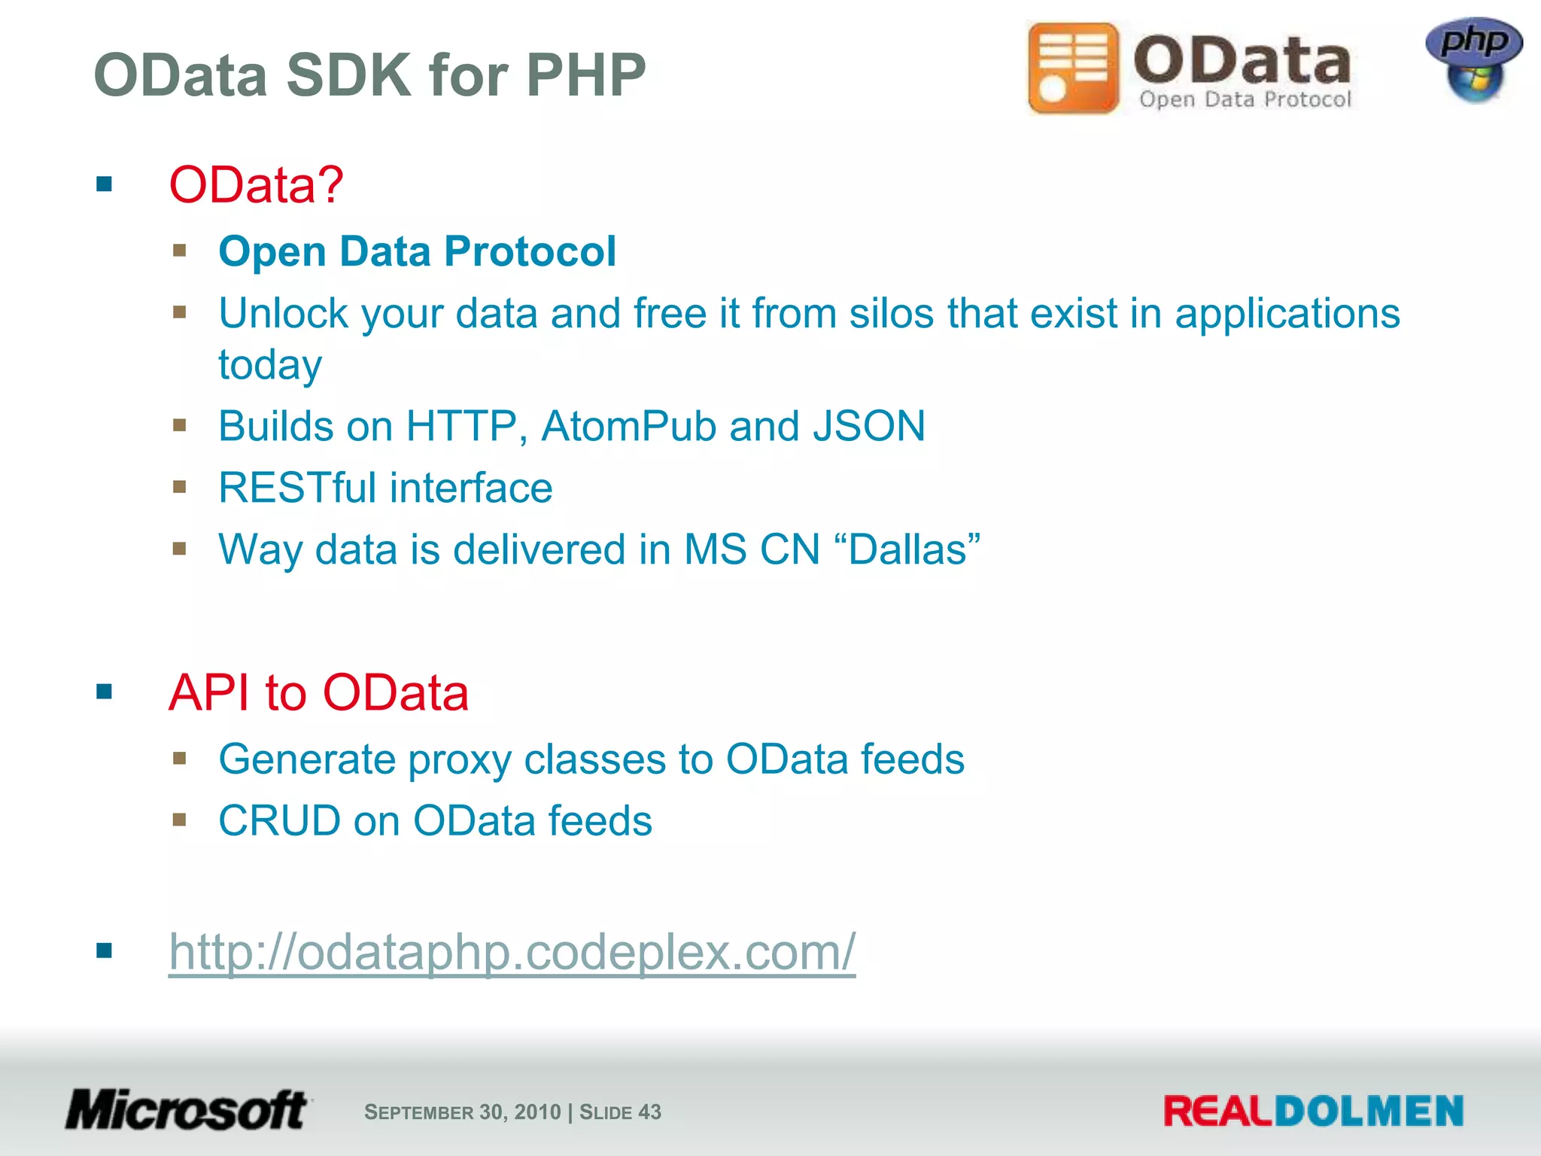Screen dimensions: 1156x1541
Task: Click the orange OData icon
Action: [x=1074, y=68]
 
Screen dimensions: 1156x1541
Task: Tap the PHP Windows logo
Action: [x=1474, y=60]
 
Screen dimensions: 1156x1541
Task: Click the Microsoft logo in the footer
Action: [x=187, y=1110]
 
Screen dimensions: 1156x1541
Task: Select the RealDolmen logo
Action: [x=1313, y=1111]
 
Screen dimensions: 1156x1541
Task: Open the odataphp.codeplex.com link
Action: [x=512, y=952]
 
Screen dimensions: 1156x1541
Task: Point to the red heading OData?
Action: [x=256, y=184]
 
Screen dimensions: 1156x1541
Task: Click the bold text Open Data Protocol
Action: [x=417, y=251]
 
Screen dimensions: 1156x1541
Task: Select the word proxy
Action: [x=459, y=760]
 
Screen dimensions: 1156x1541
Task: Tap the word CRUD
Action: [x=279, y=821]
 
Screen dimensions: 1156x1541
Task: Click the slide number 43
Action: [x=649, y=1112]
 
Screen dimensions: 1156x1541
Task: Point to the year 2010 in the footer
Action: [x=537, y=1112]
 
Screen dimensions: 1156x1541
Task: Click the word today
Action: [x=270, y=366]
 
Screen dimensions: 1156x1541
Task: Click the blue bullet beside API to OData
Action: [x=104, y=692]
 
